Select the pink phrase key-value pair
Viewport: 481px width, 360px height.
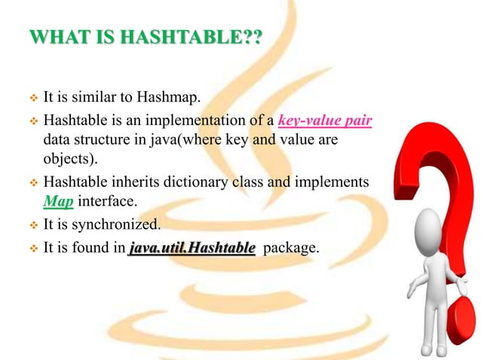[326, 119]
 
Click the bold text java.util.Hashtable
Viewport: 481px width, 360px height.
[191, 246]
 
